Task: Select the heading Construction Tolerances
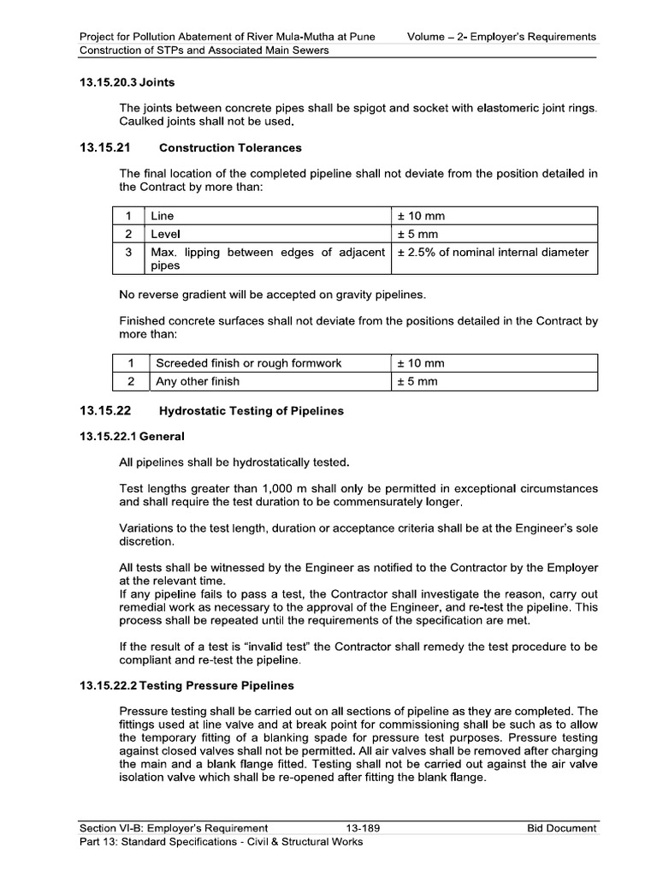(x=230, y=148)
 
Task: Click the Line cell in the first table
(x=163, y=217)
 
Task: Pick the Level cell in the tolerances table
(x=165, y=234)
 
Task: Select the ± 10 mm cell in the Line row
(x=421, y=217)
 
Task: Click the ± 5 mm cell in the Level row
(x=417, y=234)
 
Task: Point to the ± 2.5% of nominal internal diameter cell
(x=493, y=252)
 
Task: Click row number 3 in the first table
(x=128, y=253)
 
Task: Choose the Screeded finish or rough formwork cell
(x=248, y=363)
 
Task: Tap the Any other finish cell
(x=197, y=381)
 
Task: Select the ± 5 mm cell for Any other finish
(x=417, y=381)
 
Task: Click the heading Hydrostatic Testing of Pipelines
(x=252, y=411)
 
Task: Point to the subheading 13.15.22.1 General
(x=132, y=437)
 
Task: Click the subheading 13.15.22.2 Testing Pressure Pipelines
(x=186, y=686)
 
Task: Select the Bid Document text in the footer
(x=561, y=828)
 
